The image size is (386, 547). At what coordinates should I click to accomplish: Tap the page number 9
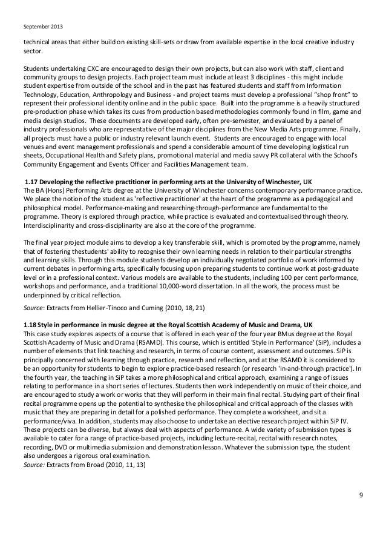[361, 496]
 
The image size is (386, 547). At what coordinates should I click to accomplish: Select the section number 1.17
[30, 182]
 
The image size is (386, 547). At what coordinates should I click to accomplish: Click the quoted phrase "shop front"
[330, 95]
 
